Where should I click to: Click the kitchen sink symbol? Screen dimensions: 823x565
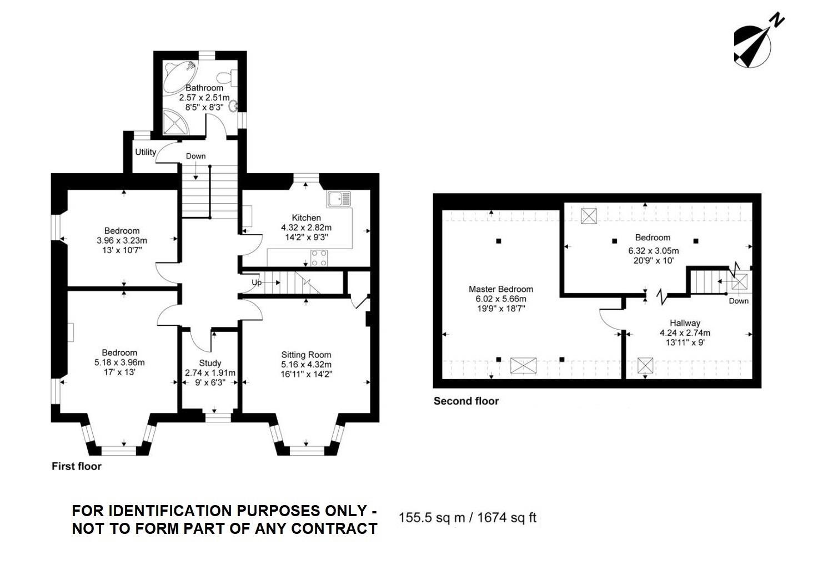pos(339,199)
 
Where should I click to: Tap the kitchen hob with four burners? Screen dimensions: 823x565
pos(319,258)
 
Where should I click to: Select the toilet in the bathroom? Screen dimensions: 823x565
pos(227,78)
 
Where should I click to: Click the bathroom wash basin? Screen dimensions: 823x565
pos(233,107)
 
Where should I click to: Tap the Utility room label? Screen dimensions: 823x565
pos(145,152)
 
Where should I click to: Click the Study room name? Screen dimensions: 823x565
pos(210,363)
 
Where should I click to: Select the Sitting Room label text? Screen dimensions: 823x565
pos(306,355)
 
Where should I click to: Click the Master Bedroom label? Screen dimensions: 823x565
pos(501,289)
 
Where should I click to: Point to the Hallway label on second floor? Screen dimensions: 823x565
pos(685,323)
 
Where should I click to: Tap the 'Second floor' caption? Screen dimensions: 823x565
pos(466,401)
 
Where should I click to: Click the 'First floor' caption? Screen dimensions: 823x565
pos(77,466)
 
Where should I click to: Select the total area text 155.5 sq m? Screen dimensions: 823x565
pos(431,518)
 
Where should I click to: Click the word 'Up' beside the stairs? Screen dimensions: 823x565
pos(257,282)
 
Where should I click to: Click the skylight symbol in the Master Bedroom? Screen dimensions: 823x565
pos(523,366)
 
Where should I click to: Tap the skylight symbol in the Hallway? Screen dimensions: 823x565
pos(645,365)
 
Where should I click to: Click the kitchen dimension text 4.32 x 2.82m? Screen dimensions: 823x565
pos(306,228)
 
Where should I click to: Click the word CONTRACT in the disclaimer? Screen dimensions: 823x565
pos(334,529)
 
